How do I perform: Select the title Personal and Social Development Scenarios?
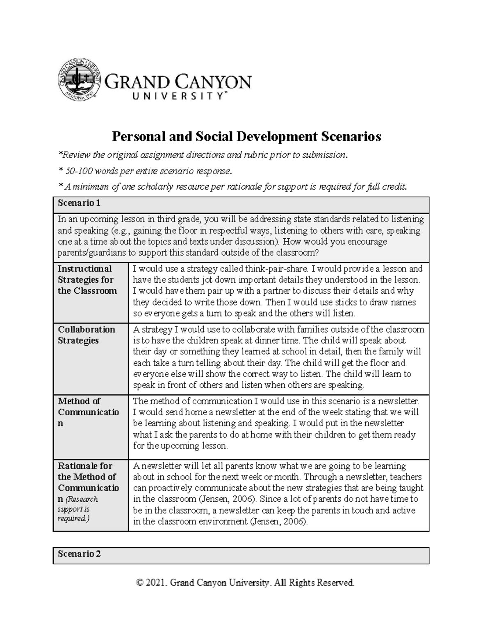(246, 136)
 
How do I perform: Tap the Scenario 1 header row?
(241, 203)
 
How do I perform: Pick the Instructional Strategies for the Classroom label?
(87, 280)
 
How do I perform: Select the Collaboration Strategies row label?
(87, 335)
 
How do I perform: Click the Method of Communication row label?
(88, 412)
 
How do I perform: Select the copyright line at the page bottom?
(245, 582)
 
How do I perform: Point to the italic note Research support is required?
(78, 509)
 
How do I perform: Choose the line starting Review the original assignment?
(203, 155)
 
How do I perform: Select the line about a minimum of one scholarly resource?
(233, 187)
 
